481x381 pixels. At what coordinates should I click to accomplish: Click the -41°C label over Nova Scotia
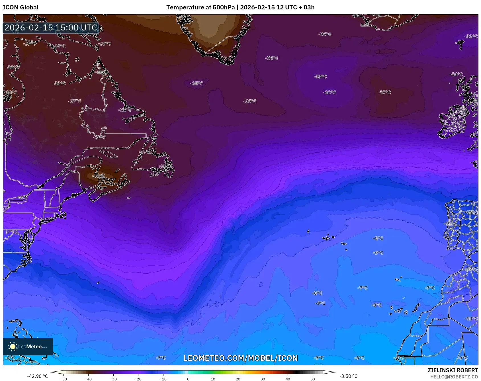(98, 176)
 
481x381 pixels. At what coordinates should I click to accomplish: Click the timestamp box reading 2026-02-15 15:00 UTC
(51, 28)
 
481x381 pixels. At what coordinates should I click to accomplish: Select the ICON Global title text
(21, 7)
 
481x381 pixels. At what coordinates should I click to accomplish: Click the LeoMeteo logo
(28, 347)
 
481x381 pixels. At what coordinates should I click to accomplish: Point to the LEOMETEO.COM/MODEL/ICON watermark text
(240, 358)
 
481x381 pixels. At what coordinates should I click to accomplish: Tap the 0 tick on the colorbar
(188, 379)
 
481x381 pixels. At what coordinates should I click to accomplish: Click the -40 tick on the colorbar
(88, 379)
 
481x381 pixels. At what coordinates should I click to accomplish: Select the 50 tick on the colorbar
(313, 379)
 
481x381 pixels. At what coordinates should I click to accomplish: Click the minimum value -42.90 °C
(37, 376)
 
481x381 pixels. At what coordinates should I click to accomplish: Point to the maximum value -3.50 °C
(348, 376)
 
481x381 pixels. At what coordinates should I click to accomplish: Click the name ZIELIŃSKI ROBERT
(453, 370)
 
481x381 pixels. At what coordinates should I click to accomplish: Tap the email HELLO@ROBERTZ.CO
(454, 377)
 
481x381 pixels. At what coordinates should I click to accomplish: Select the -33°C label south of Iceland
(320, 77)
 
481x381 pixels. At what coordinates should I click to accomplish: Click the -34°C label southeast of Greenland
(272, 58)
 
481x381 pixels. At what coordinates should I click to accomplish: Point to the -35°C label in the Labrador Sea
(197, 83)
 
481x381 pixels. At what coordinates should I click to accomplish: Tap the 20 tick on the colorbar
(238, 379)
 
